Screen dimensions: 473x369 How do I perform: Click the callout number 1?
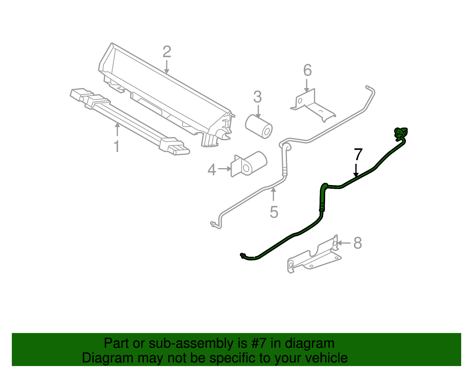coord(117,146)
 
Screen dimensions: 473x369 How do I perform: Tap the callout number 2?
coord(167,52)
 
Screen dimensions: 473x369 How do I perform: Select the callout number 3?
coord(257,97)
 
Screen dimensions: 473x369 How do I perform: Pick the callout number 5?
coord(274,212)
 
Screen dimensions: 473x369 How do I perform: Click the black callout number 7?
coord(358,155)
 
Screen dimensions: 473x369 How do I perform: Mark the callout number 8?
coord(358,243)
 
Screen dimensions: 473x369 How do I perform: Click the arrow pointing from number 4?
coord(224,169)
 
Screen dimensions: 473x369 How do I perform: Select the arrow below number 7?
coord(357,170)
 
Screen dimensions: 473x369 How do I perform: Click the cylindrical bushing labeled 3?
coord(259,126)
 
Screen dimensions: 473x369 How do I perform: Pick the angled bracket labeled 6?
coord(313,105)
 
